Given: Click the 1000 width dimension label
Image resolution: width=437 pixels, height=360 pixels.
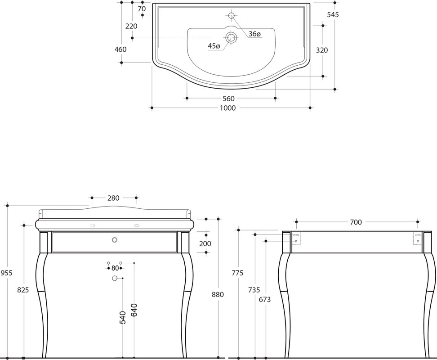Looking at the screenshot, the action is pyautogui.click(x=227, y=108).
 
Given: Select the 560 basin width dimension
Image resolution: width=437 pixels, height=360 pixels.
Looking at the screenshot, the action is pyautogui.click(x=228, y=99).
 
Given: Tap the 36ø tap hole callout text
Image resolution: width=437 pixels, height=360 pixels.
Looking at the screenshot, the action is pyautogui.click(x=254, y=34).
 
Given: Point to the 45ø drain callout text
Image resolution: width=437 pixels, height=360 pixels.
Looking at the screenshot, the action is pyautogui.click(x=214, y=46).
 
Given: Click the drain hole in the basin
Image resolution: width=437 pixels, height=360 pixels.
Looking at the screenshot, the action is pyautogui.click(x=231, y=37).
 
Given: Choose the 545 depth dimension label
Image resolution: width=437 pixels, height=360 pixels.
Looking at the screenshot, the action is pyautogui.click(x=333, y=14).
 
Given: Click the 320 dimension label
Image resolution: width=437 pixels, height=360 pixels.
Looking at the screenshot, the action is pyautogui.click(x=322, y=50).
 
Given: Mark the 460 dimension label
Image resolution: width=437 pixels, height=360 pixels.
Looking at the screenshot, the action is pyautogui.click(x=120, y=49).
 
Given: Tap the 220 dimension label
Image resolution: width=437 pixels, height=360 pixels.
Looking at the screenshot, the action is pyautogui.click(x=131, y=26).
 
